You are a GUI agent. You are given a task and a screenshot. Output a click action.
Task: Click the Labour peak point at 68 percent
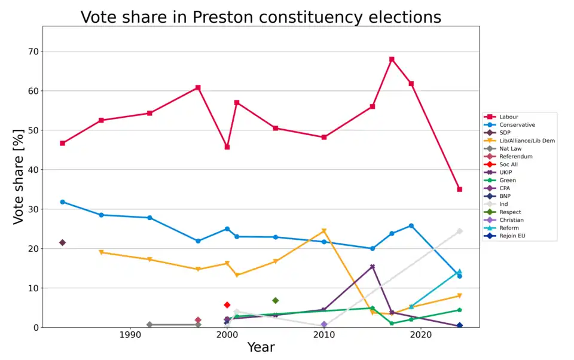pyautogui.click(x=392, y=59)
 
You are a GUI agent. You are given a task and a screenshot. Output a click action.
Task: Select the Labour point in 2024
pyautogui.click(x=459, y=189)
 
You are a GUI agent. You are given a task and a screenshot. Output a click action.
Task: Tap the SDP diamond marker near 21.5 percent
pyautogui.click(x=62, y=242)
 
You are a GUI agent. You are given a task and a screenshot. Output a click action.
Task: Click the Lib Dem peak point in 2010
pyautogui.click(x=324, y=231)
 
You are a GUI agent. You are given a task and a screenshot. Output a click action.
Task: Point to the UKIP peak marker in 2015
pyautogui.click(x=372, y=267)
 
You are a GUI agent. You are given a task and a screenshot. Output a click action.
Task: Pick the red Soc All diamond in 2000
pyautogui.click(x=227, y=305)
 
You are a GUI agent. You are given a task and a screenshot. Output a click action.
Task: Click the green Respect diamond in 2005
pyautogui.click(x=275, y=300)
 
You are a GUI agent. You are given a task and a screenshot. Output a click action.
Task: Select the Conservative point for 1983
pyautogui.click(x=62, y=202)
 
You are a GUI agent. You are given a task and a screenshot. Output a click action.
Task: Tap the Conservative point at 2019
pyautogui.click(x=411, y=225)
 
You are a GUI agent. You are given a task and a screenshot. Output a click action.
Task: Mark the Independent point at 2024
pyautogui.click(x=459, y=231)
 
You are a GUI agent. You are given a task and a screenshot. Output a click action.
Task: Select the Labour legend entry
pyautogui.click(x=509, y=117)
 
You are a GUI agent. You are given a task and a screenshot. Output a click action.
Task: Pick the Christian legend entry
pyautogui.click(x=511, y=220)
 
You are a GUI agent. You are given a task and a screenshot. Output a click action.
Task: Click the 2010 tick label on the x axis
pyautogui.click(x=323, y=335)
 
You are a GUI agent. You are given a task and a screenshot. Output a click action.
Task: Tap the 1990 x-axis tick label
pyautogui.click(x=129, y=335)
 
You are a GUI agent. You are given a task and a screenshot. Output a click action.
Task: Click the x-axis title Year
pyautogui.click(x=261, y=348)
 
